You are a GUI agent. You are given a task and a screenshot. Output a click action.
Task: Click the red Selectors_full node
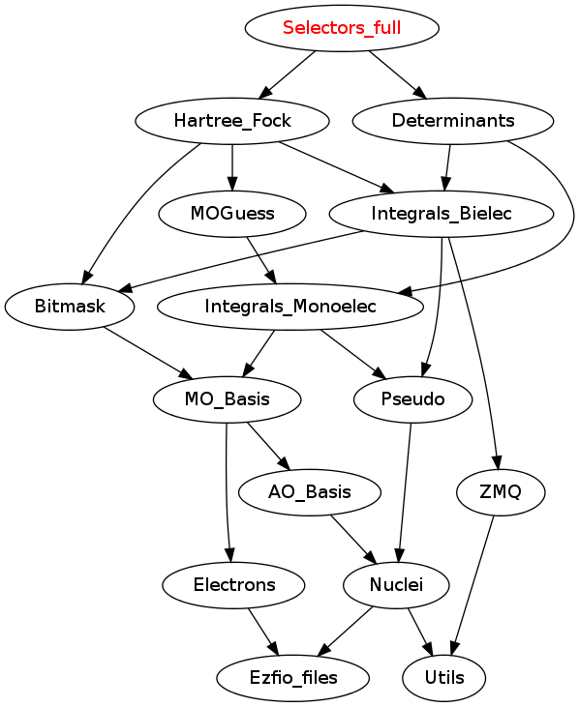342,28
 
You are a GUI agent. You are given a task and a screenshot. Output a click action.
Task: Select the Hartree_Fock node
232,121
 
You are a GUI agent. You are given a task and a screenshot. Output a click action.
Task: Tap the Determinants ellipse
452,121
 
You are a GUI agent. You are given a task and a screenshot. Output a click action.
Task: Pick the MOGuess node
232,214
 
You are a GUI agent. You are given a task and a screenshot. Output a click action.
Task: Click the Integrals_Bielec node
441,214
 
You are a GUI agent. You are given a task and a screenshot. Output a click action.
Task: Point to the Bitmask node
70,307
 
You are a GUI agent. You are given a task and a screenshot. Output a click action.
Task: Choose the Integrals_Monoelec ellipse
290,307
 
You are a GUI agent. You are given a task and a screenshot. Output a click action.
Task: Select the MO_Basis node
227,399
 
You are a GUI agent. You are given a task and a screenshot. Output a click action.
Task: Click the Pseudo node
412,399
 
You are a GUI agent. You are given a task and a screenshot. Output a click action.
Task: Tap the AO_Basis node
309,492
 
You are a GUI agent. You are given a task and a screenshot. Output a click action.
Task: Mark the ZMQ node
501,492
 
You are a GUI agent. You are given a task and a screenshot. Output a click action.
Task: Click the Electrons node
233,585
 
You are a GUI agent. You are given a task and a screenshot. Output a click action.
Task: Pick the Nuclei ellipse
396,585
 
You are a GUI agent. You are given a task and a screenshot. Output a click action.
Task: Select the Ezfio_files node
292,678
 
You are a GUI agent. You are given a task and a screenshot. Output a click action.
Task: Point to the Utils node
444,678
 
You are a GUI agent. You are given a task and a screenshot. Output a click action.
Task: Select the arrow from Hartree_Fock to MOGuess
232,167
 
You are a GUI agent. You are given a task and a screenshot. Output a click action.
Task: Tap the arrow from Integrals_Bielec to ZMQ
476,353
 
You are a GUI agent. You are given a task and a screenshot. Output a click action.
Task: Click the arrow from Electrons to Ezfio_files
263,632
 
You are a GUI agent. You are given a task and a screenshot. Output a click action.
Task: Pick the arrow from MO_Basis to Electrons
227,492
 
